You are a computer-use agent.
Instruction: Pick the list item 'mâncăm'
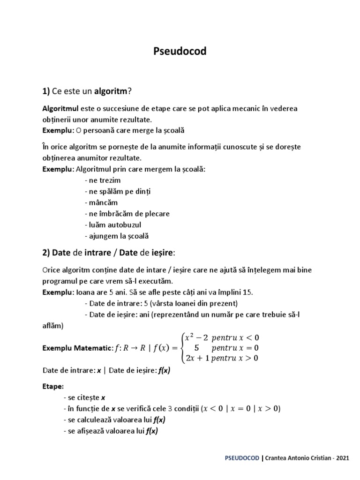point(99,202)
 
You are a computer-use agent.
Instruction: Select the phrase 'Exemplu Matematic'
point(77,348)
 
